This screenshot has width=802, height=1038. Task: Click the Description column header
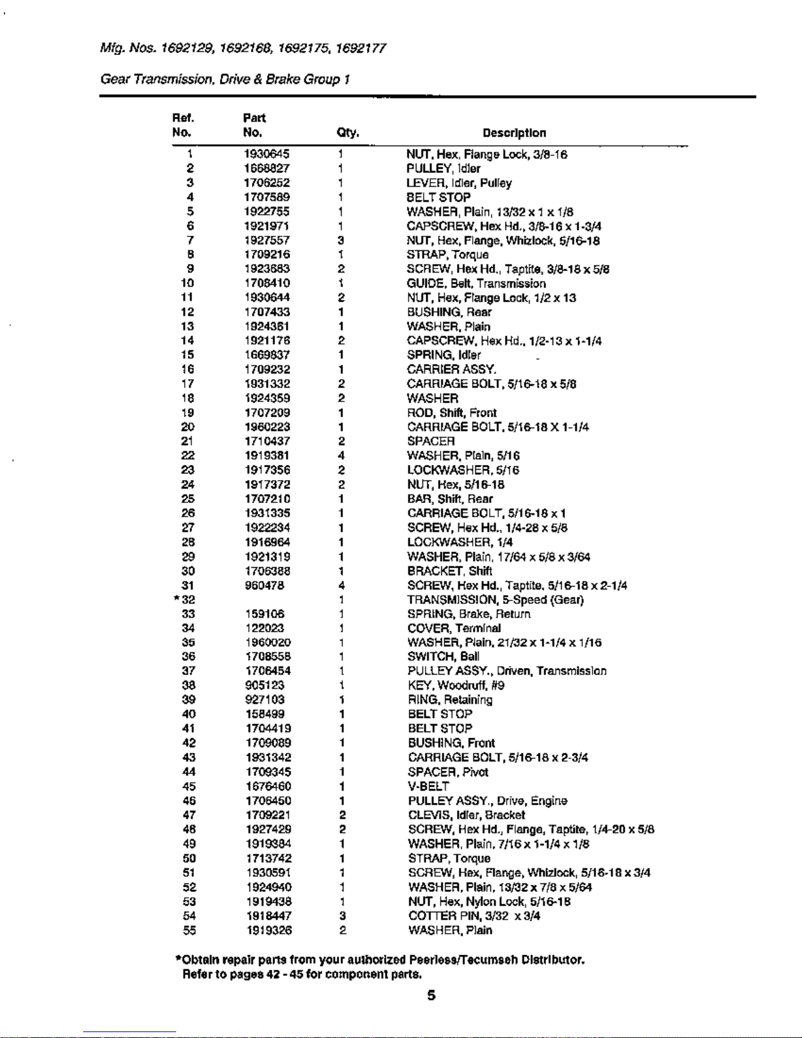tap(514, 133)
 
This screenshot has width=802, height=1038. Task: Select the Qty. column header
tap(348, 133)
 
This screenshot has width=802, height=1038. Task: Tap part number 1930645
tap(266, 154)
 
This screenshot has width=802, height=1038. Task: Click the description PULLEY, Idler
tap(443, 168)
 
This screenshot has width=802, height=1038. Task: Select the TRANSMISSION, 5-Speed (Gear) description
tap(495, 600)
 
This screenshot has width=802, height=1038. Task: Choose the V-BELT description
tap(428, 787)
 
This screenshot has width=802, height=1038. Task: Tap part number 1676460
tap(268, 787)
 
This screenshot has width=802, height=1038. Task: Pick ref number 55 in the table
tap(189, 931)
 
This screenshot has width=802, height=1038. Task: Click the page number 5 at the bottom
tap(431, 995)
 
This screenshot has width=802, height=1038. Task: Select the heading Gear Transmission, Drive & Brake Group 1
tap(225, 79)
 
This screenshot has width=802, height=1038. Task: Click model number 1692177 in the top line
tap(360, 48)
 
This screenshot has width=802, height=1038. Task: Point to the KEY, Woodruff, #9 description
tap(456, 686)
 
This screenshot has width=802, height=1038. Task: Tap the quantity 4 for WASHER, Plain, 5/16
tap(342, 456)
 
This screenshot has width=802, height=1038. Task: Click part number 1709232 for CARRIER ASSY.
tap(267, 369)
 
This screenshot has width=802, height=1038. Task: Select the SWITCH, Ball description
tap(443, 657)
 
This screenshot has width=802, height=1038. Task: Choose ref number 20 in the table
tap(188, 427)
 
